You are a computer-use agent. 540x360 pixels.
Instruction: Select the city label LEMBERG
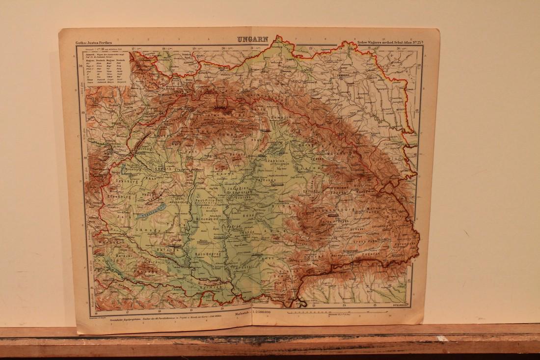(x=346, y=77)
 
